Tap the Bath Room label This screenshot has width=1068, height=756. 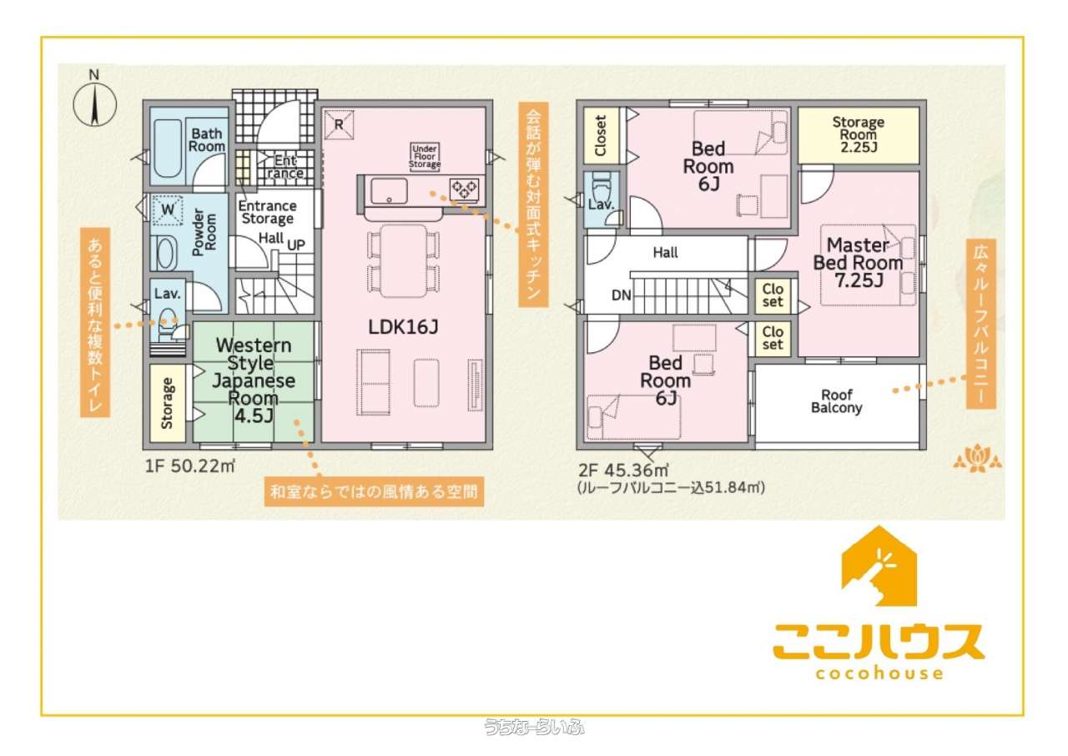[206, 139]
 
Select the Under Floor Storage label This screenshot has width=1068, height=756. [425, 156]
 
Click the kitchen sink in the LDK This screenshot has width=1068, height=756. [389, 190]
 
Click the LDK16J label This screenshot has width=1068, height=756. [403, 327]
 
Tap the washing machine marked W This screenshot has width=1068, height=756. [168, 209]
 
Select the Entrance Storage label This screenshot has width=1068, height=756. [267, 212]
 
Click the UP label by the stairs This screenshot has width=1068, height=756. [296, 245]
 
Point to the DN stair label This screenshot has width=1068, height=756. [622, 295]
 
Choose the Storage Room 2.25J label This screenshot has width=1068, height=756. [859, 134]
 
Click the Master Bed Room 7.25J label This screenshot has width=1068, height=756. [859, 263]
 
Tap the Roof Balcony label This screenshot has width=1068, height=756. [837, 401]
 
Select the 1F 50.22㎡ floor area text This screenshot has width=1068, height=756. [189, 466]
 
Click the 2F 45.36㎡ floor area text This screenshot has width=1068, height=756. [623, 471]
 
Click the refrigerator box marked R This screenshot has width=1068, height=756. [339, 124]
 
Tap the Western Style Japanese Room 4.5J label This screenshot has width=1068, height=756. [254, 381]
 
